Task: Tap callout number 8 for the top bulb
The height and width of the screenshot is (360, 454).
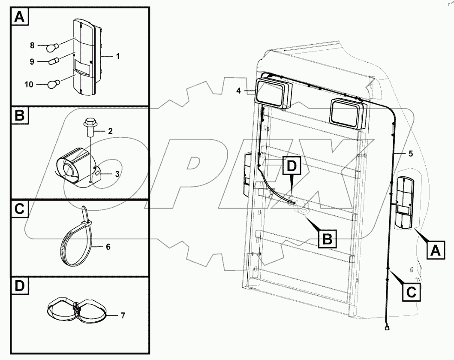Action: pos(32,45)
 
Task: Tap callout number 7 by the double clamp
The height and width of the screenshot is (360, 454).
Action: pos(123,316)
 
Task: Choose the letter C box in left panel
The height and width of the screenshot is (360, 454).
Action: pos(19,210)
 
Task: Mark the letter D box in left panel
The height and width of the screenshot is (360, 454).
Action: pos(19,287)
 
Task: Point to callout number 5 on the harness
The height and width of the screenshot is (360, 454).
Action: pos(410,153)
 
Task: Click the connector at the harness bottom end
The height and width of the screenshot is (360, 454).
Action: pos(387,329)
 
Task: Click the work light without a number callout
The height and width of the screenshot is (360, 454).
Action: pos(347,113)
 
